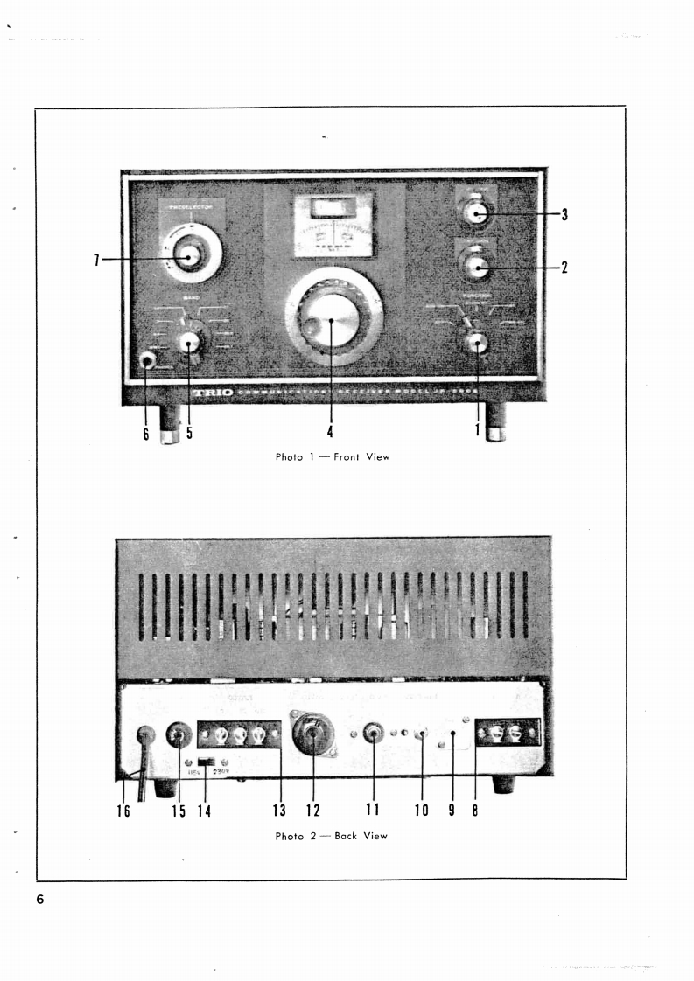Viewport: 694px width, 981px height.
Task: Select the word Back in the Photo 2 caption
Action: pos(348,836)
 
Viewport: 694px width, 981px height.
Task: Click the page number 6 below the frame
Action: pos(41,901)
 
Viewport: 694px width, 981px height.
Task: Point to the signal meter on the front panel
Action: pos(333,226)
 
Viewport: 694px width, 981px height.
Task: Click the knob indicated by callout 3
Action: pos(475,212)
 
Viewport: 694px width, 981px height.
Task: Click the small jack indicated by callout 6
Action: pos(147,359)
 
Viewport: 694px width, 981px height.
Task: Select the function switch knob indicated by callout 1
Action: pos(477,342)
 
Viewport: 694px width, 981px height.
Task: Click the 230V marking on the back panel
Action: pos(220,772)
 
